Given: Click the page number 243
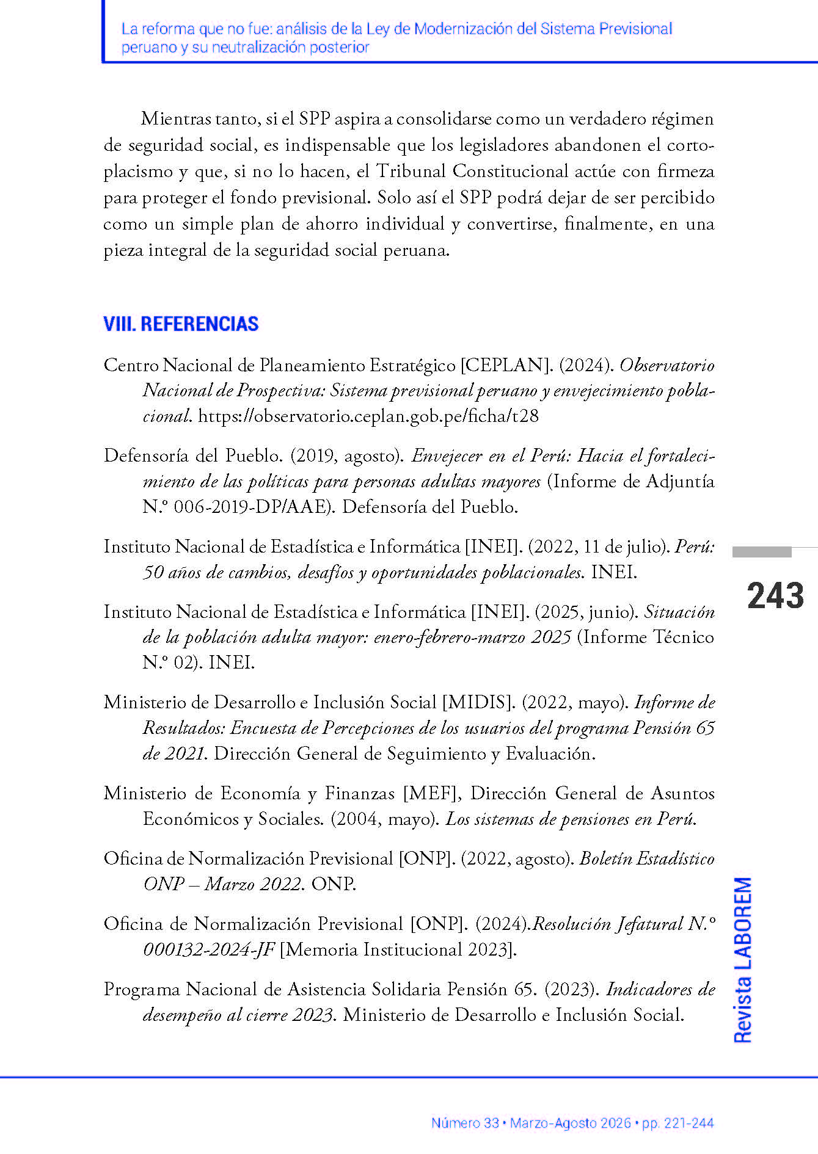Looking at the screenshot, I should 775,596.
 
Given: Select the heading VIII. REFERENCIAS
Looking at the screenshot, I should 181,324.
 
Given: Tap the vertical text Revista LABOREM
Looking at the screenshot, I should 743,960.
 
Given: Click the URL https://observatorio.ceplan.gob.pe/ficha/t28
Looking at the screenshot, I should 368,416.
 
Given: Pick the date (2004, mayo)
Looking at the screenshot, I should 385,819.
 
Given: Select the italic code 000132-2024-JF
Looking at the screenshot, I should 209,950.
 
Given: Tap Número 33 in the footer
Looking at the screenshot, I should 465,1123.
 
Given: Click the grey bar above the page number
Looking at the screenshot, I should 762,552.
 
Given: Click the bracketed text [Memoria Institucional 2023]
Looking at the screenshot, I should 398,950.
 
